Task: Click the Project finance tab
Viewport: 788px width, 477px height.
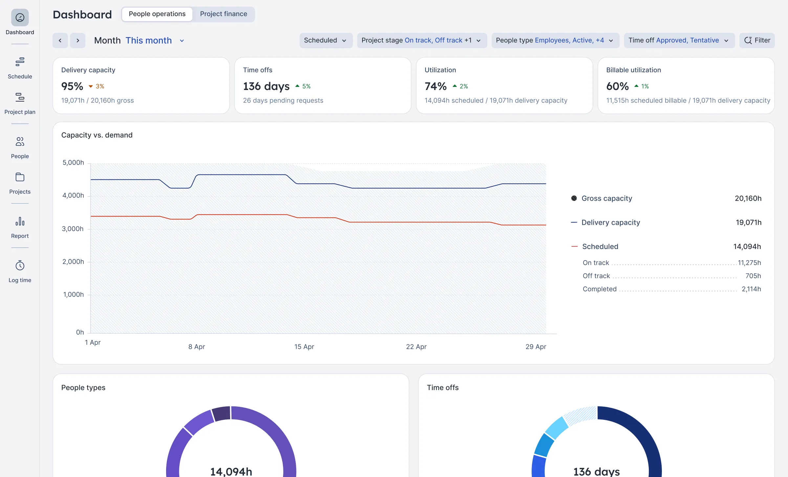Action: pyautogui.click(x=223, y=14)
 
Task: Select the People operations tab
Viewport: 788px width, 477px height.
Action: pyautogui.click(x=157, y=14)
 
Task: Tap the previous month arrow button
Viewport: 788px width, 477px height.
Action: pyautogui.click(x=60, y=40)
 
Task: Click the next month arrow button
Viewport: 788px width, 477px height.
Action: pyautogui.click(x=78, y=40)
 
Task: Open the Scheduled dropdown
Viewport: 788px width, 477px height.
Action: pyautogui.click(x=325, y=40)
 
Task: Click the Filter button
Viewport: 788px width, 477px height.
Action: pyautogui.click(x=757, y=40)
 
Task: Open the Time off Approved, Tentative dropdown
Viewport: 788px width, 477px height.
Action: pyautogui.click(x=679, y=40)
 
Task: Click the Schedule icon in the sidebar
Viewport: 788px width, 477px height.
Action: pyautogui.click(x=20, y=62)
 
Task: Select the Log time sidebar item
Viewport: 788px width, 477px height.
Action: pyautogui.click(x=20, y=271)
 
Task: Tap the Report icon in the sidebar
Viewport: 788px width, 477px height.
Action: pyautogui.click(x=20, y=222)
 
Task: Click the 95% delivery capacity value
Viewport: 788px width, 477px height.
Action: pyautogui.click(x=72, y=86)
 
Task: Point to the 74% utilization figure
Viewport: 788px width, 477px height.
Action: pyautogui.click(x=435, y=86)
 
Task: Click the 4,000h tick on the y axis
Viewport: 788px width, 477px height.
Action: pyautogui.click(x=73, y=195)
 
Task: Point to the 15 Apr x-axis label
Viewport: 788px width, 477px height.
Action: pyautogui.click(x=304, y=347)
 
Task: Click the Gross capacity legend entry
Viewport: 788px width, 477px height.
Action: pyautogui.click(x=606, y=198)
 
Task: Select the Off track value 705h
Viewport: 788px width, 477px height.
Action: pyautogui.click(x=753, y=276)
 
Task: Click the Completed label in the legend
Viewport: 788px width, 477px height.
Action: pyautogui.click(x=600, y=289)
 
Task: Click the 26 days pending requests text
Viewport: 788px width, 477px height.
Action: pyautogui.click(x=283, y=101)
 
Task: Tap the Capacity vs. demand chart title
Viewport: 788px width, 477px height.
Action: pyautogui.click(x=97, y=135)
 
